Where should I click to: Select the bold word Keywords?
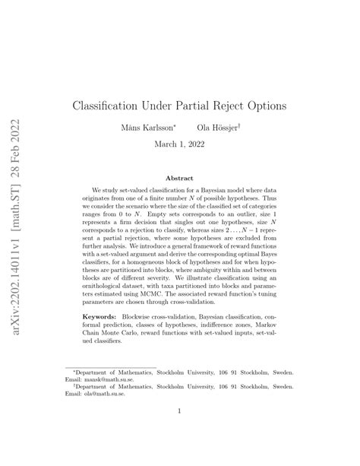tap(111, 312)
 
